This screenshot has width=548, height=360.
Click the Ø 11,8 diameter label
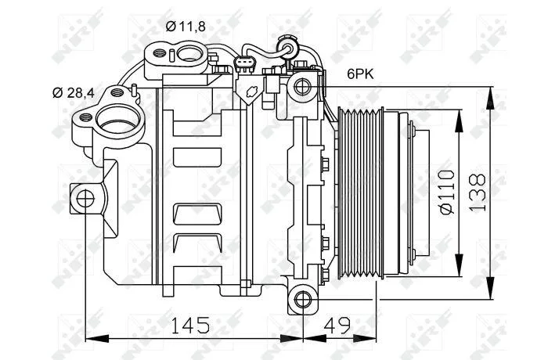tap(186, 26)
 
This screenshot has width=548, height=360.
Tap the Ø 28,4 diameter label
tap(74, 93)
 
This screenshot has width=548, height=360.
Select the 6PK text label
tap(360, 74)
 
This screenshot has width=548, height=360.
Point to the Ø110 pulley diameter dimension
tap(447, 192)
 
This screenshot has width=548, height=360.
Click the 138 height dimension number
tap(478, 193)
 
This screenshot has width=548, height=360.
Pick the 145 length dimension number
tap(190, 326)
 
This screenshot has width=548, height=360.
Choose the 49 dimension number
tap(337, 326)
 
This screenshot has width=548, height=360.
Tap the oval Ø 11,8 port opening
tap(189, 54)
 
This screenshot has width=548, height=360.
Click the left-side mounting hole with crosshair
tap(85, 200)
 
